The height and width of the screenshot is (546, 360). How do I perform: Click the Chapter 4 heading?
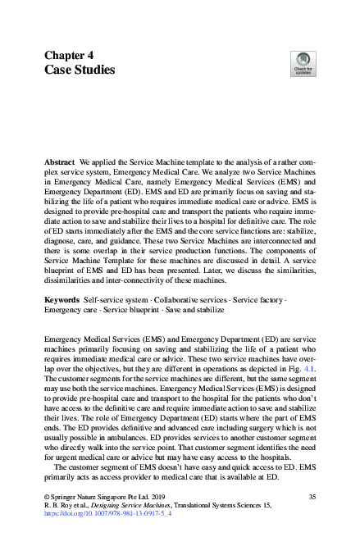click(72, 55)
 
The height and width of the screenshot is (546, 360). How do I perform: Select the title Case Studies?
click(80, 71)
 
